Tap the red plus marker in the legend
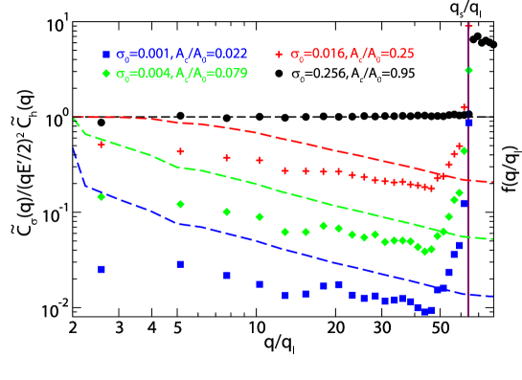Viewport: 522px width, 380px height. [x=280, y=55]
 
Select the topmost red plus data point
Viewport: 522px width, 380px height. [x=468, y=26]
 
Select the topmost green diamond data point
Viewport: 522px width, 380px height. [x=468, y=70]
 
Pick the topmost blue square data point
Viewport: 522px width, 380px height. [x=468, y=123]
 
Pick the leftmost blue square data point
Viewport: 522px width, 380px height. [x=102, y=269]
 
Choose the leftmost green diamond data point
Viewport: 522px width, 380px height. [x=102, y=196]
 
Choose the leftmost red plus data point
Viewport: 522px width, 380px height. [x=102, y=145]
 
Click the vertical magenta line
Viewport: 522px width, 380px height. [x=468, y=239]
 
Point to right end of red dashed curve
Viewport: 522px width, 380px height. [x=491, y=181]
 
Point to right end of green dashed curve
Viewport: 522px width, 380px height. [x=492, y=239]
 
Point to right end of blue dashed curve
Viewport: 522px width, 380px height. [x=492, y=296]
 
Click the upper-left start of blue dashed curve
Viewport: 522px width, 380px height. [x=74, y=149]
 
